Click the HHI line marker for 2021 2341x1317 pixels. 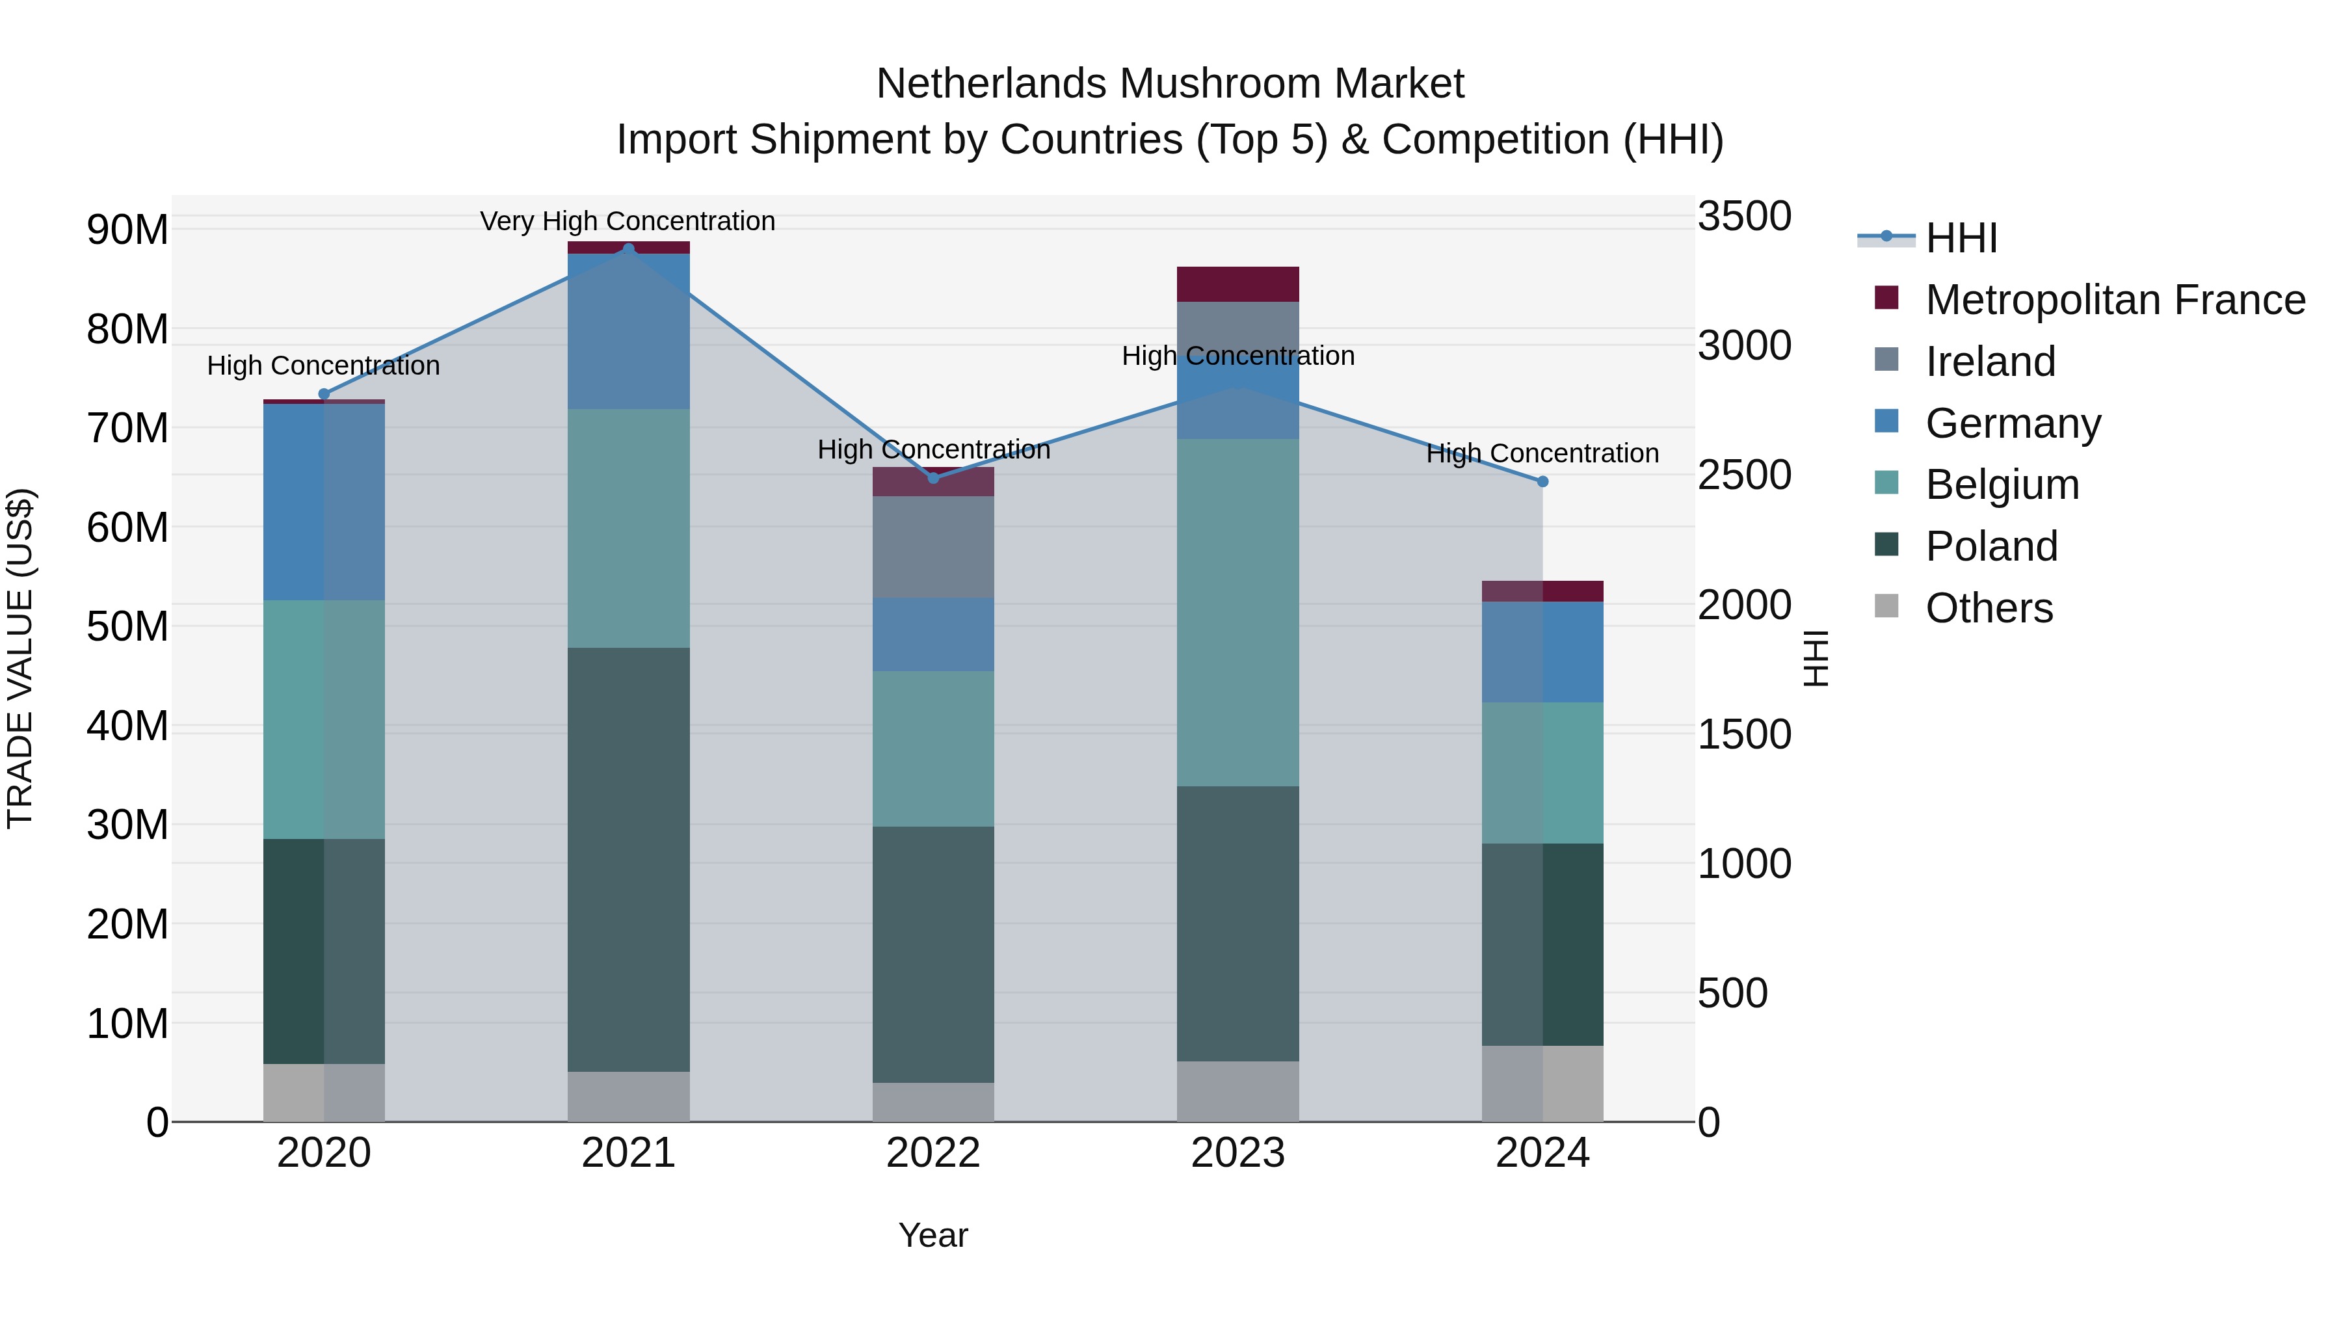point(628,248)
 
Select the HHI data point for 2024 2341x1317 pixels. point(1542,482)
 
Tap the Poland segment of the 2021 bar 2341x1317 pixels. point(628,859)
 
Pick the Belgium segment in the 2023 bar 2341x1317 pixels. point(1237,613)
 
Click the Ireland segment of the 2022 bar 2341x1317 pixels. point(932,546)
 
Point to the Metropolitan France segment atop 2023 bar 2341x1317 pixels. point(1237,284)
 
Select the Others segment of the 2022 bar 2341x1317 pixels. point(932,1102)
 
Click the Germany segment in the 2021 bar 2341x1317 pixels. point(628,331)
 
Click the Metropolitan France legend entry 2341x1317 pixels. point(2114,300)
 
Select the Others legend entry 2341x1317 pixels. point(1989,608)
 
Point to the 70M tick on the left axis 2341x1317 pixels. point(127,428)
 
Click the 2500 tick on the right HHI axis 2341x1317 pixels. point(1744,475)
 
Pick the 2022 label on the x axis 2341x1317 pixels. point(932,1153)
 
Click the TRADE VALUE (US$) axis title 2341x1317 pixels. point(21,658)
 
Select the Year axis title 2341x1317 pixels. point(932,1235)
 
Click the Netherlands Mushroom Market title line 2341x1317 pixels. point(1170,84)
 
